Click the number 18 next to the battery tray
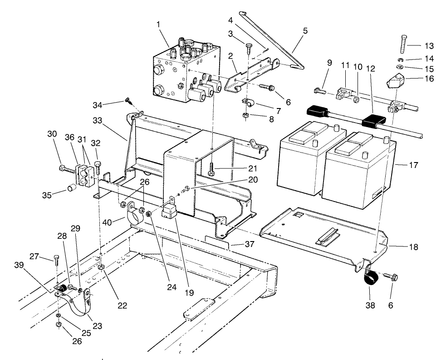coord(413,247)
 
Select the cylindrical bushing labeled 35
coord(71,189)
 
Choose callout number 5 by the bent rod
coord(304,31)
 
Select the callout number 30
coord(52,134)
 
